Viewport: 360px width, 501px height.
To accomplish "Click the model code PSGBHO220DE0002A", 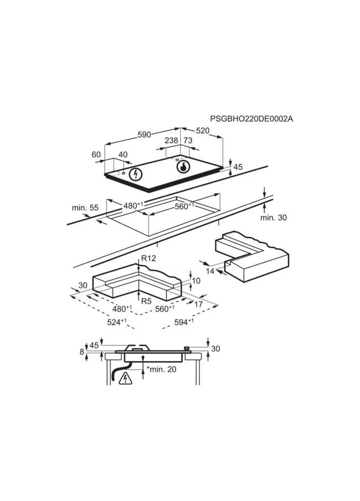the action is tap(251, 119).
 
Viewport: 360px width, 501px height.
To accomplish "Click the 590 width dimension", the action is tap(144, 135).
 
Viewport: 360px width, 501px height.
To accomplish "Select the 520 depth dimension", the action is tap(202, 131).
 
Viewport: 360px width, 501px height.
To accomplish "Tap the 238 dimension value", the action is tap(172, 140).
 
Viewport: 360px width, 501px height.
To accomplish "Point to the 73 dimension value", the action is tap(188, 140).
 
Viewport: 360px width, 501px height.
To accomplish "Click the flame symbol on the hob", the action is tap(183, 166).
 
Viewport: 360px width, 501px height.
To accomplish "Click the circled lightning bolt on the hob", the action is tap(136, 175).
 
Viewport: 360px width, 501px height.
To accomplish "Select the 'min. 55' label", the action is tap(85, 207).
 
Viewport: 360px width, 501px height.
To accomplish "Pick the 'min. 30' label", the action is tap(273, 218).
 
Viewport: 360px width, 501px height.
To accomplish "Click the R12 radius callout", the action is tap(149, 258).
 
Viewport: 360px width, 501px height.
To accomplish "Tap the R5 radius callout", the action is tap(146, 301).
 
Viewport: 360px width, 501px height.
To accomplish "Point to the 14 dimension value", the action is tap(210, 271).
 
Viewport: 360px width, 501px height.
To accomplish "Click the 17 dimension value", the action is tap(199, 304).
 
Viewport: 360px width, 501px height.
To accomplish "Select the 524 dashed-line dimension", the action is tap(117, 322).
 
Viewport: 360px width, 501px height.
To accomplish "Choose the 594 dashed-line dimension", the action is tap(184, 322).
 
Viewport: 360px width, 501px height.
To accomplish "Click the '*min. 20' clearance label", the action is tap(161, 369).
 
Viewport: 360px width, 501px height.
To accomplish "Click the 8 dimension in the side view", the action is tap(82, 352).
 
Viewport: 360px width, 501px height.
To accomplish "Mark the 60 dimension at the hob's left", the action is tap(96, 154).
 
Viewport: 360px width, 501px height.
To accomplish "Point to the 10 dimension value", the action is tap(196, 280).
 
